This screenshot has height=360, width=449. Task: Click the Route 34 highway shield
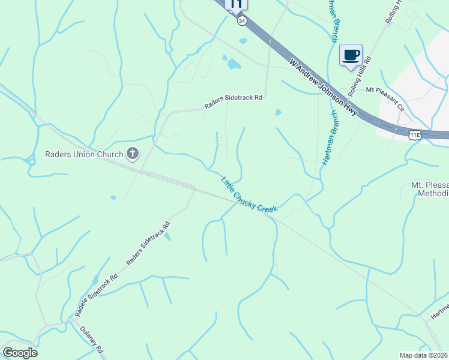pos(241,20)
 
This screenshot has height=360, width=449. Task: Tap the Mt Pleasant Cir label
pos(385,91)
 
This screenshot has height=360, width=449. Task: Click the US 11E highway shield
pos(415,134)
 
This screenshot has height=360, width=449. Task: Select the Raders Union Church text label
pos(83,154)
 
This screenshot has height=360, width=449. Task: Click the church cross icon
pos(132,154)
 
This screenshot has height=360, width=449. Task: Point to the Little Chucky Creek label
pos(249,194)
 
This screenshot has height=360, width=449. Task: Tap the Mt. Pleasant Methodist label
pos(430,189)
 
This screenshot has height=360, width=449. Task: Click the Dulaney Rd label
pos(94,340)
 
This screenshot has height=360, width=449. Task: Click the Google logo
pos(20,353)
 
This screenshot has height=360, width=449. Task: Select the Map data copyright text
pos(424,355)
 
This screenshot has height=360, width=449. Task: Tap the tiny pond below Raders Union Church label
pos(113,197)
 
